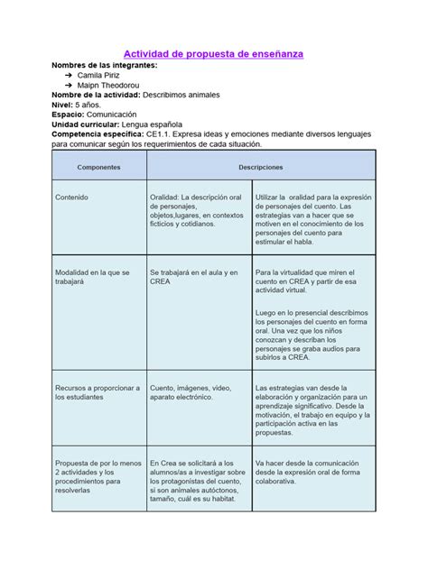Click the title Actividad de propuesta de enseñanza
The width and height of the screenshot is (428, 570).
(x=213, y=55)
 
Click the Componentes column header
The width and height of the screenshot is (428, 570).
(x=98, y=167)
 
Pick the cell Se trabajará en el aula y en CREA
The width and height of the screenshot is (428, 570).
(x=194, y=276)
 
